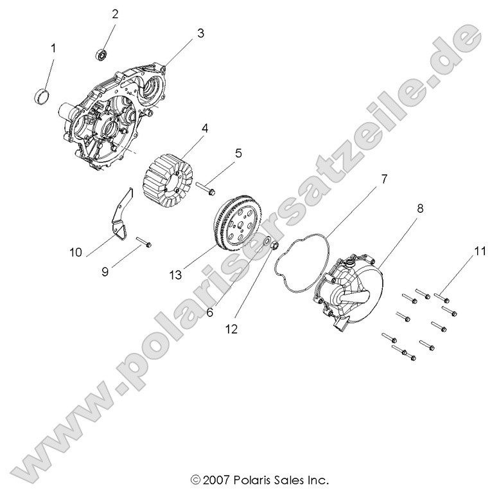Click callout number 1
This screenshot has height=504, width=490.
[x=53, y=48]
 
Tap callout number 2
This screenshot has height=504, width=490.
[x=116, y=14]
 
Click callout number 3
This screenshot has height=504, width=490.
[x=200, y=33]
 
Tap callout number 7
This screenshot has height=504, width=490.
[x=383, y=179]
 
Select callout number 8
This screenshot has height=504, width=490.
[x=420, y=209]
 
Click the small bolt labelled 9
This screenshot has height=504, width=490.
[x=144, y=244]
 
